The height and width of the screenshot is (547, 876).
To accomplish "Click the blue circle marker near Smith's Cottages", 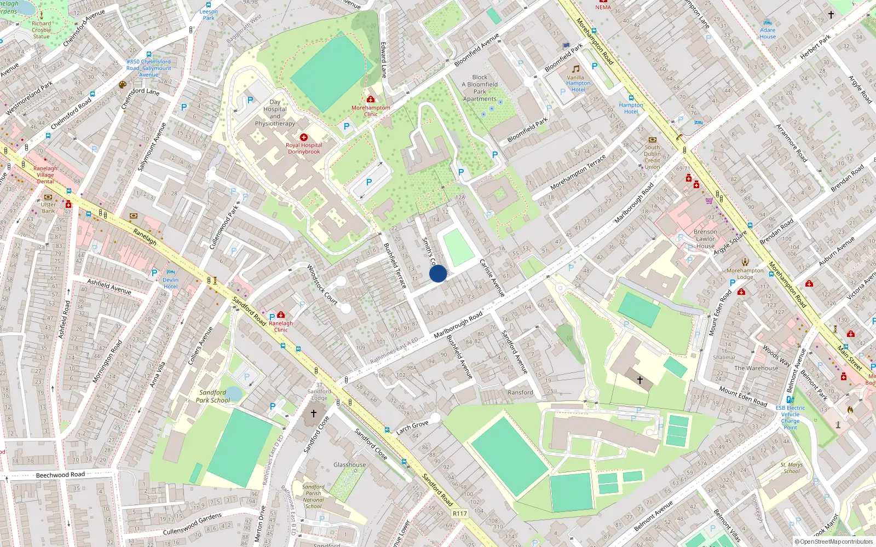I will (438, 273).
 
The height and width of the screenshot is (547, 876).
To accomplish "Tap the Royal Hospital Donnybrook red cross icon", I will (304, 137).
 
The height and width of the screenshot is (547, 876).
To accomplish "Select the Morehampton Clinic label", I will (371, 111).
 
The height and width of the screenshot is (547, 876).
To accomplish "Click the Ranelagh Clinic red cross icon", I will (281, 315).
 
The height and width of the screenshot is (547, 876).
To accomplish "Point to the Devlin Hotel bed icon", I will (170, 272).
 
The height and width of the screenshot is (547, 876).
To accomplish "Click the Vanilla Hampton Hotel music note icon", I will (575, 69).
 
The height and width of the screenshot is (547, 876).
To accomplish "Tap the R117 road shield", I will (460, 514).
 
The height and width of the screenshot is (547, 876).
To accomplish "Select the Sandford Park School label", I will (213, 397).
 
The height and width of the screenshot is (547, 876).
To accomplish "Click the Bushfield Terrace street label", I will (395, 266).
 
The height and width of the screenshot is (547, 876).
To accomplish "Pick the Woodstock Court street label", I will (322, 285).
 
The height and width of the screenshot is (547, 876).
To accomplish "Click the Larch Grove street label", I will (412, 427).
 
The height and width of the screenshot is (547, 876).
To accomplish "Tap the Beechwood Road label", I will (60, 475).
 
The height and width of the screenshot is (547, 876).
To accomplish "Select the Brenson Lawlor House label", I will (705, 239).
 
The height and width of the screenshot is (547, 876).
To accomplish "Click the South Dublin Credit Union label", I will (652, 157).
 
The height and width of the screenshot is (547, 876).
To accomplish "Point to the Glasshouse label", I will (349, 465).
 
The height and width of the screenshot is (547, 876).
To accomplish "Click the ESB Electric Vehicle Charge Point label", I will (790, 417).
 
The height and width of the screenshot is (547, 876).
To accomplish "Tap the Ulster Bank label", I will (48, 208).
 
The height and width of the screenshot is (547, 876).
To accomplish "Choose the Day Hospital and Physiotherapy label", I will (275, 113).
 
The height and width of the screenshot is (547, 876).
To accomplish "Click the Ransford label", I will (520, 393).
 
